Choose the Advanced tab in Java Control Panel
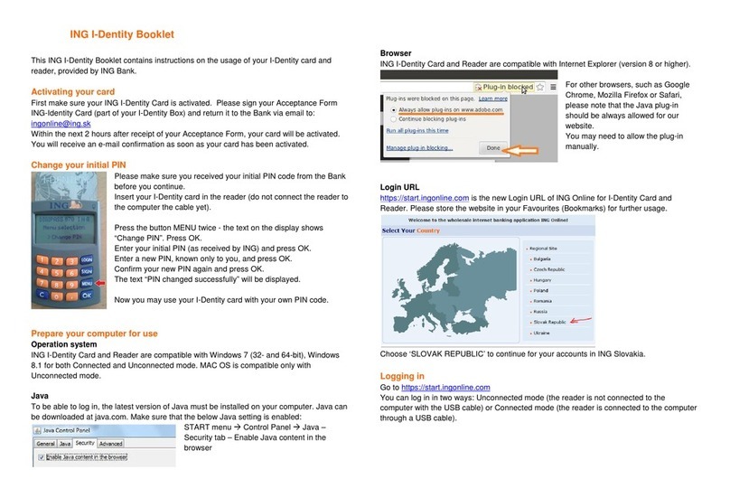pyautogui.click(x=110, y=444)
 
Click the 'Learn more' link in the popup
pyautogui.click(x=492, y=98)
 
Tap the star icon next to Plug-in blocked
pyautogui.click(x=538, y=88)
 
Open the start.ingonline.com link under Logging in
pyautogui.click(x=445, y=387)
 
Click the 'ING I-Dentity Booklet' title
pyautogui.click(x=115, y=35)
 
